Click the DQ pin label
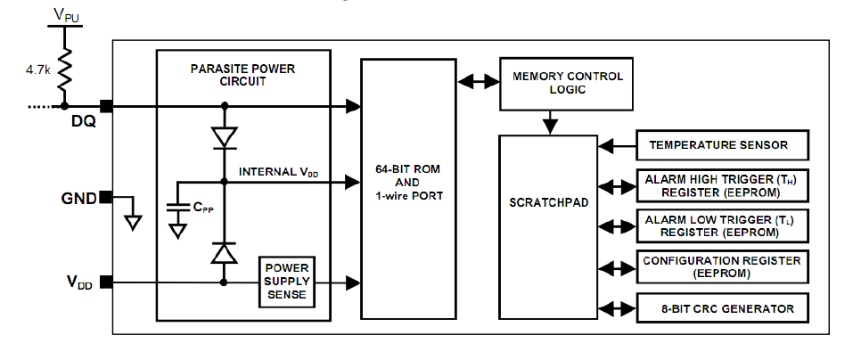pos(84,123)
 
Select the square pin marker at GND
pos(105,197)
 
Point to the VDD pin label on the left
pos(78,282)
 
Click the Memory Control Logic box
pos(568,83)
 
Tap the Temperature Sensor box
pos(723,144)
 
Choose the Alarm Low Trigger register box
pos(723,226)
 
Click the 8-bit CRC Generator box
pos(723,308)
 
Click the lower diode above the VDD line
pos(224,254)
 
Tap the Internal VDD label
pos(277,171)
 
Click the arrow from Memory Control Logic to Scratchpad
pos(552,119)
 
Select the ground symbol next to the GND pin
pos(133,219)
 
